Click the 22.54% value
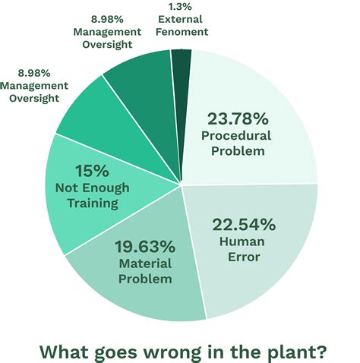(x=244, y=224)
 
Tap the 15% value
(x=92, y=171)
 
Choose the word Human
(x=243, y=241)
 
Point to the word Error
(x=243, y=257)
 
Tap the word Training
(x=93, y=204)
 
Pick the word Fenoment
(x=180, y=33)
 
